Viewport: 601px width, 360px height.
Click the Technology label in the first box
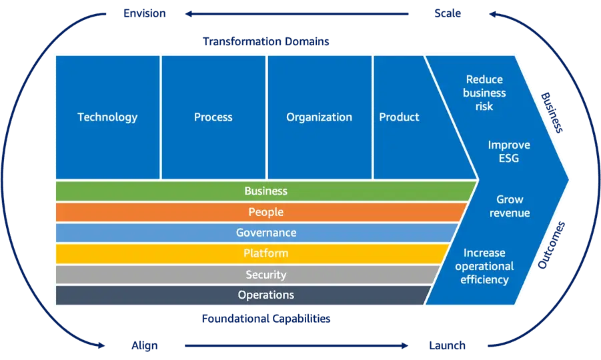pyautogui.click(x=107, y=117)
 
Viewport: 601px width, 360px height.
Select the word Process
pyautogui.click(x=213, y=117)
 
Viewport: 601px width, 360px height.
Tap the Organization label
pyautogui.click(x=319, y=117)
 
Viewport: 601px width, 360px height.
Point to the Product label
pyautogui.click(x=399, y=117)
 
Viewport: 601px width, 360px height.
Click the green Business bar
pyautogui.click(x=265, y=191)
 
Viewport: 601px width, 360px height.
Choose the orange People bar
pyautogui.click(x=265, y=212)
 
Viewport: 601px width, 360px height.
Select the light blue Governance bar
pyautogui.click(x=265, y=233)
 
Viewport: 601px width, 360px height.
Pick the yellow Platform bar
pyautogui.click(x=265, y=253)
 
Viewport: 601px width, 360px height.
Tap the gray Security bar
pyautogui.click(x=265, y=275)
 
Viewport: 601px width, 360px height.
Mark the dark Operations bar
pyautogui.click(x=265, y=295)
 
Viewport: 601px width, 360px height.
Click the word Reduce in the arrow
pyautogui.click(x=484, y=80)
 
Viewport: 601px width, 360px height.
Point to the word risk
pyautogui.click(x=484, y=107)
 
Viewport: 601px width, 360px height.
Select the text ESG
pyautogui.click(x=509, y=159)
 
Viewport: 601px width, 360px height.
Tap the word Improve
pyautogui.click(x=509, y=145)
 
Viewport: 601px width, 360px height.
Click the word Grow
pyautogui.click(x=510, y=199)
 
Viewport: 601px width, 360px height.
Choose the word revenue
pyautogui.click(x=510, y=213)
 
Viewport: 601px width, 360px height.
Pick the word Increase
pyautogui.click(x=484, y=253)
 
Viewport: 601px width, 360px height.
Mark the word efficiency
pyautogui.click(x=484, y=280)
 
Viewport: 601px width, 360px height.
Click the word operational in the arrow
pyautogui.click(x=484, y=267)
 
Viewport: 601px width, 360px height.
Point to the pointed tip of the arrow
pyautogui.click(x=568, y=179)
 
